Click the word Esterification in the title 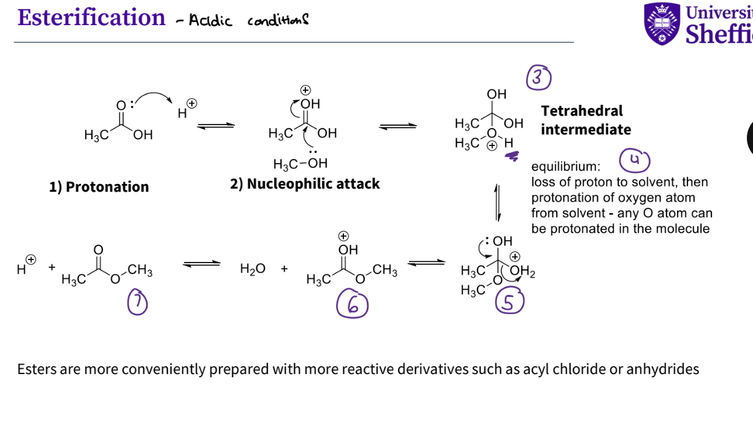(91, 17)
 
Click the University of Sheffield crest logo (662, 23)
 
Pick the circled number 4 (634, 160)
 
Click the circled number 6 (352, 305)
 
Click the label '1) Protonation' (99, 187)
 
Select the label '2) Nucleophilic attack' (305, 184)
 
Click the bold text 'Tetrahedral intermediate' (585, 120)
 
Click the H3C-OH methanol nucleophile (300, 164)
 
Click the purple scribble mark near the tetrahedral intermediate (511, 157)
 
